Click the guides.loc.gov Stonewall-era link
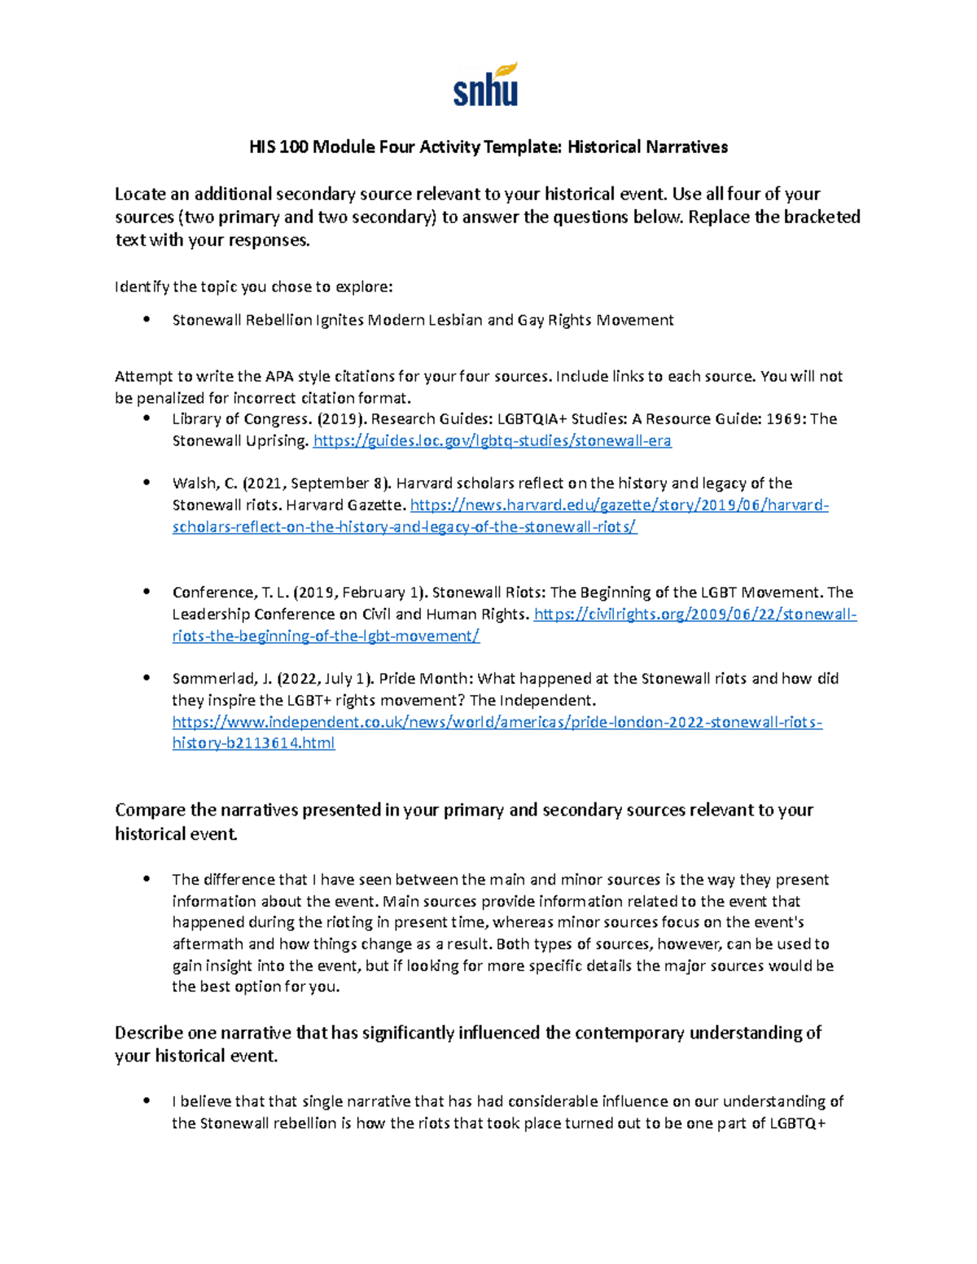[x=492, y=441]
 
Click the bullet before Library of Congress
[x=147, y=418]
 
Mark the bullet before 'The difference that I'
[x=147, y=879]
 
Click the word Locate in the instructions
[x=139, y=195]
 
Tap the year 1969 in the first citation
[x=786, y=419]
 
